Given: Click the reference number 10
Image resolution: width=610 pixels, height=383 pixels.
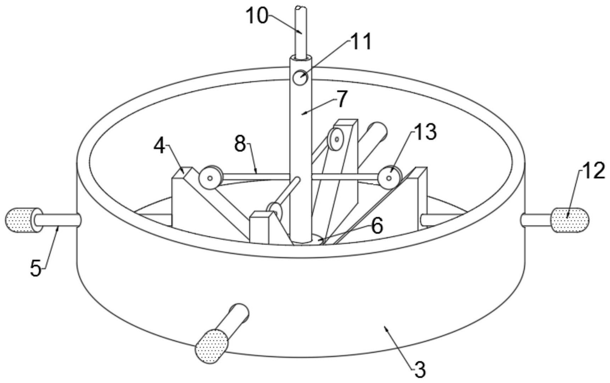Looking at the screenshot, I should [257, 16].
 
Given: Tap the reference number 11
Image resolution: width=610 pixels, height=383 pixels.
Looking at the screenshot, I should [361, 41].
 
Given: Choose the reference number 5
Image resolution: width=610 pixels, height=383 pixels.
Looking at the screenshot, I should [35, 268].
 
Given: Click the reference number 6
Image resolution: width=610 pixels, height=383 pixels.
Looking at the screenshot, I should [377, 226].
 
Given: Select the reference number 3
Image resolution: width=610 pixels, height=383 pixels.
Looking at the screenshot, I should [420, 370].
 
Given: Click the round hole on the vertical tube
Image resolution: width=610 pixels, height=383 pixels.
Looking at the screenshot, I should [300, 78].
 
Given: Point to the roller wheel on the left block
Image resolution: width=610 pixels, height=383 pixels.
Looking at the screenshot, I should [210, 177].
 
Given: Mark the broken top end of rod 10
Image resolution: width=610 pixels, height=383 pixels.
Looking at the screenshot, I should [300, 8].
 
